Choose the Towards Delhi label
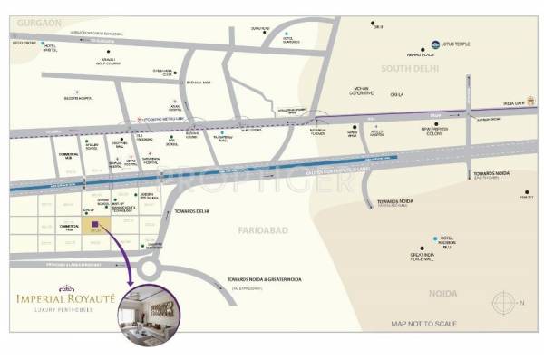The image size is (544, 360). (191, 210)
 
